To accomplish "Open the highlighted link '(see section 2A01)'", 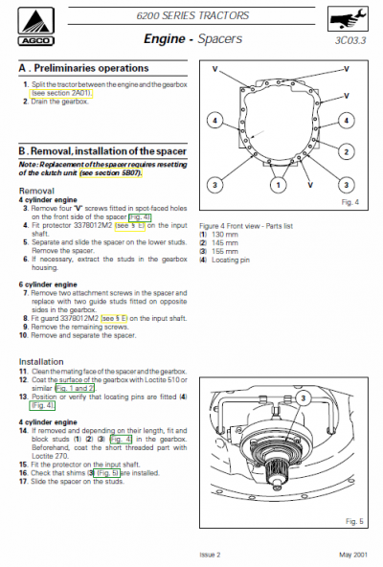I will (x=61, y=92).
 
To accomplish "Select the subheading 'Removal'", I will (x=38, y=191).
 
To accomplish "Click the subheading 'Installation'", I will (x=42, y=361).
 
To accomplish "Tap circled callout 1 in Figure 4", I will (x=277, y=183).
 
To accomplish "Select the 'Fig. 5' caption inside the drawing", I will (x=350, y=520).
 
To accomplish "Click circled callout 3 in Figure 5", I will (x=304, y=397).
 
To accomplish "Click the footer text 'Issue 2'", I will (x=210, y=553).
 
